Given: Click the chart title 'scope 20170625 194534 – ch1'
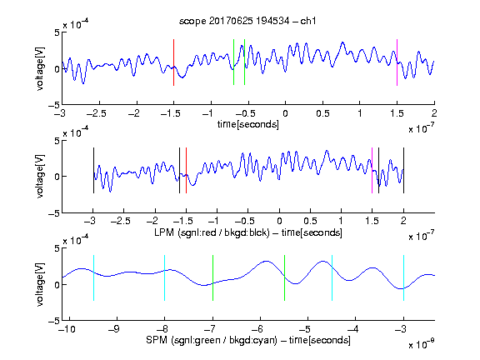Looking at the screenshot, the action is pyautogui.click(x=247, y=21).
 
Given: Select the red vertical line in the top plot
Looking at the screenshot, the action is pyautogui.click(x=173, y=62).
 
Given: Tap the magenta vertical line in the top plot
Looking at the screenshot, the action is pyautogui.click(x=397, y=62).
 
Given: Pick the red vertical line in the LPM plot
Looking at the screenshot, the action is pyautogui.click(x=186, y=171).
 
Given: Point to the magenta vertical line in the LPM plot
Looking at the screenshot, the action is pyautogui.click(x=372, y=171).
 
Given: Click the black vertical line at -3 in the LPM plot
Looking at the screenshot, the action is pyautogui.click(x=93, y=171).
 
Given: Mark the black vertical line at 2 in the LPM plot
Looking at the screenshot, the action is pyautogui.click(x=403, y=171).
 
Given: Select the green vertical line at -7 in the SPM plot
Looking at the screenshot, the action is pyautogui.click(x=212, y=278).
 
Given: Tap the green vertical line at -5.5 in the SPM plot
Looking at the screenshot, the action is pyautogui.click(x=284, y=278).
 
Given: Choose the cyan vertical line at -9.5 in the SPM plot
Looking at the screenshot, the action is pyautogui.click(x=93, y=278).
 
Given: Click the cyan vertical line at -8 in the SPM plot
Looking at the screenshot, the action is pyautogui.click(x=165, y=278).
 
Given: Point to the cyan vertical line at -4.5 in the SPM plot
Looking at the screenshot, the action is pyautogui.click(x=332, y=278).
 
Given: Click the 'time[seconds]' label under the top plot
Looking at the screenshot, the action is pyautogui.click(x=248, y=124).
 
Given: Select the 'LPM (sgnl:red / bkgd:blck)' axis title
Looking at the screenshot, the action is pyautogui.click(x=212, y=232).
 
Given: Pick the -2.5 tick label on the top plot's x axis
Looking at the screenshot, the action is pyautogui.click(x=97, y=113).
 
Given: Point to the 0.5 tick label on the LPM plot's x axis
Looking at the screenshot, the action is pyautogui.click(x=310, y=221).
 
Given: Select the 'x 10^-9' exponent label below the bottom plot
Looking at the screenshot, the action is pyautogui.click(x=422, y=344).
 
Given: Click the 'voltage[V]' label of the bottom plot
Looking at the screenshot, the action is pyautogui.click(x=40, y=284).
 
